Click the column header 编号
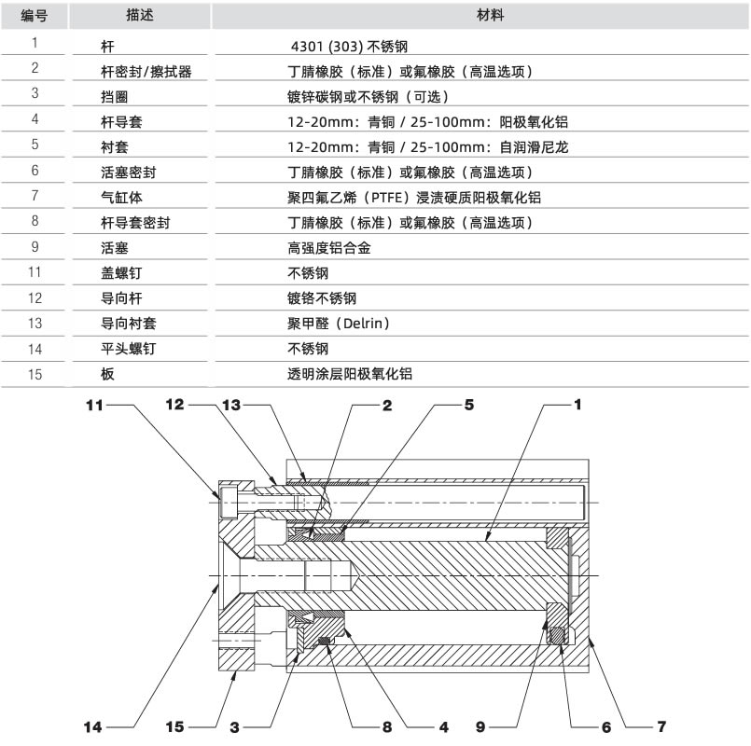tap(35, 16)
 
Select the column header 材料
tap(491, 15)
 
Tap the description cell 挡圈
tap(115, 97)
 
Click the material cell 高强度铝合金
tap(329, 248)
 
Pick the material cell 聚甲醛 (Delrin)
tap(338, 324)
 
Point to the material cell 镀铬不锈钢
tap(322, 298)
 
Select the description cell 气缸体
tap(121, 198)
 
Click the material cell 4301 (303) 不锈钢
tap(349, 47)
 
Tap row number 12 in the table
tap(35, 298)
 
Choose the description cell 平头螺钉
tap(129, 349)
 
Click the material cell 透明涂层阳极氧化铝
tap(350, 374)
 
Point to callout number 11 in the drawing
tap(94, 406)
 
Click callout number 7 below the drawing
tap(661, 726)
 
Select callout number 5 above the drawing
tap(469, 405)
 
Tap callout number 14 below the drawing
tap(93, 727)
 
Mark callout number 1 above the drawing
tap(577, 405)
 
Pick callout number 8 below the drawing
tap(387, 727)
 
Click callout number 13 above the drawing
tap(231, 405)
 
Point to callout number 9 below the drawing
tap(480, 727)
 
